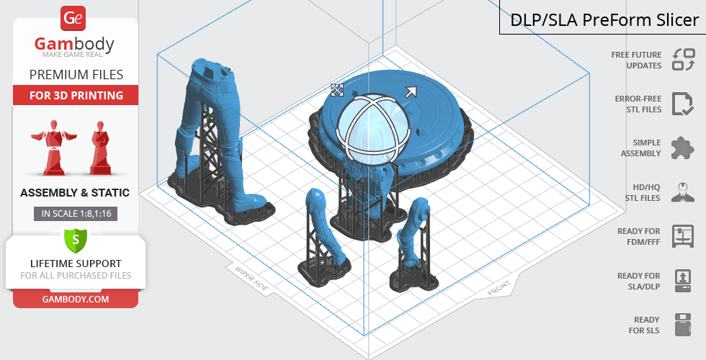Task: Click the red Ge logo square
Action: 73,19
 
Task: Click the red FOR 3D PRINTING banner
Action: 76,95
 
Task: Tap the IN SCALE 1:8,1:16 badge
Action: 76,214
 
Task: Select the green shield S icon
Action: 76,239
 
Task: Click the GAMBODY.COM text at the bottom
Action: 76,300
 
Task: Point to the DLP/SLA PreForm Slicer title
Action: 604,20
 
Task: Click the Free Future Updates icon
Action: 684,59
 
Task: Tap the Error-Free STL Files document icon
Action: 683,104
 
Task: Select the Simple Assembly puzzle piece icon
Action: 683,148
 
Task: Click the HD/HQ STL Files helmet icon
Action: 683,192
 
